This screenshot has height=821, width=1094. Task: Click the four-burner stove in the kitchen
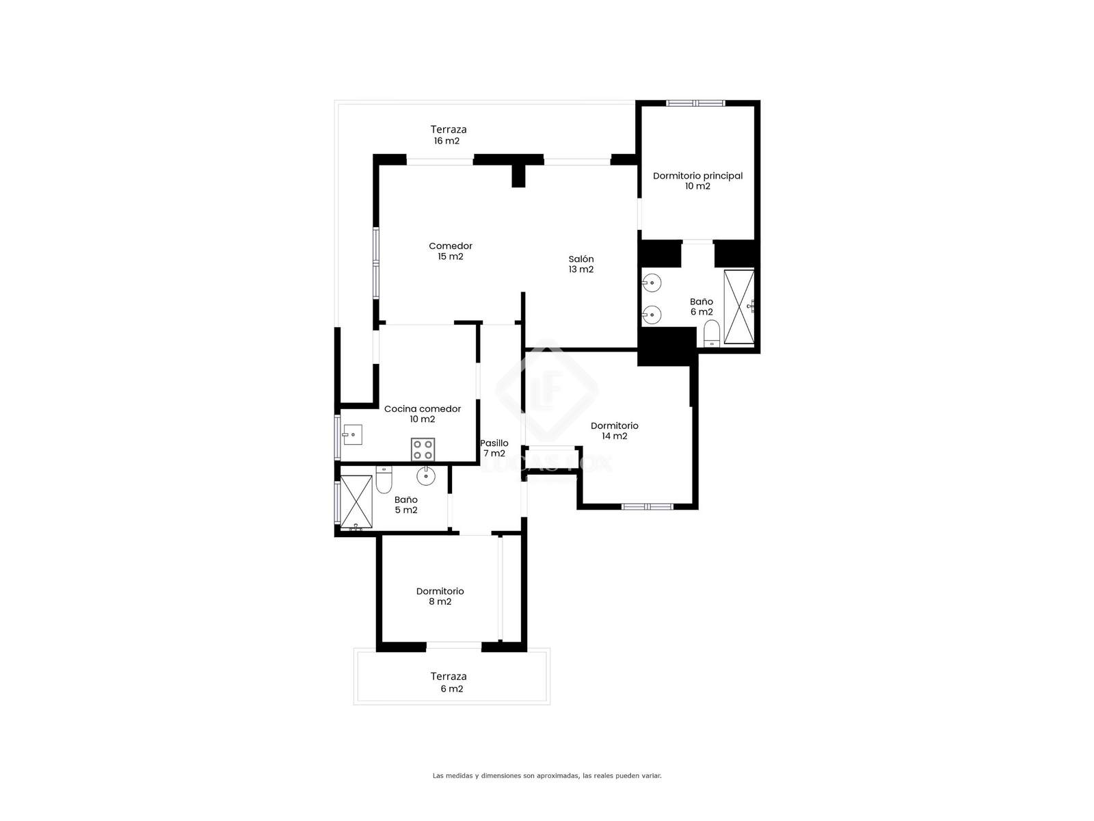click(x=423, y=449)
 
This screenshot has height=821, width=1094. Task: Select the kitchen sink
click(x=352, y=434)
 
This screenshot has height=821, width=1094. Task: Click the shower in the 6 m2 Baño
click(x=739, y=307)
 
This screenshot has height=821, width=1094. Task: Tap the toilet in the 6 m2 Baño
click(x=712, y=333)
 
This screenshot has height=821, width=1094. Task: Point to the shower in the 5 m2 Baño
click(x=356, y=501)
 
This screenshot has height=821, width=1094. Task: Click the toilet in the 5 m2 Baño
click(x=384, y=480)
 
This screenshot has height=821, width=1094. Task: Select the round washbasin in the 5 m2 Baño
click(x=426, y=476)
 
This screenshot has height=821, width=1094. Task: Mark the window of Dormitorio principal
click(x=696, y=103)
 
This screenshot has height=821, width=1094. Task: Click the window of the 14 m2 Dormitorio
click(x=648, y=506)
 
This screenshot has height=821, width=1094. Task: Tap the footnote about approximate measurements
click(x=547, y=776)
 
